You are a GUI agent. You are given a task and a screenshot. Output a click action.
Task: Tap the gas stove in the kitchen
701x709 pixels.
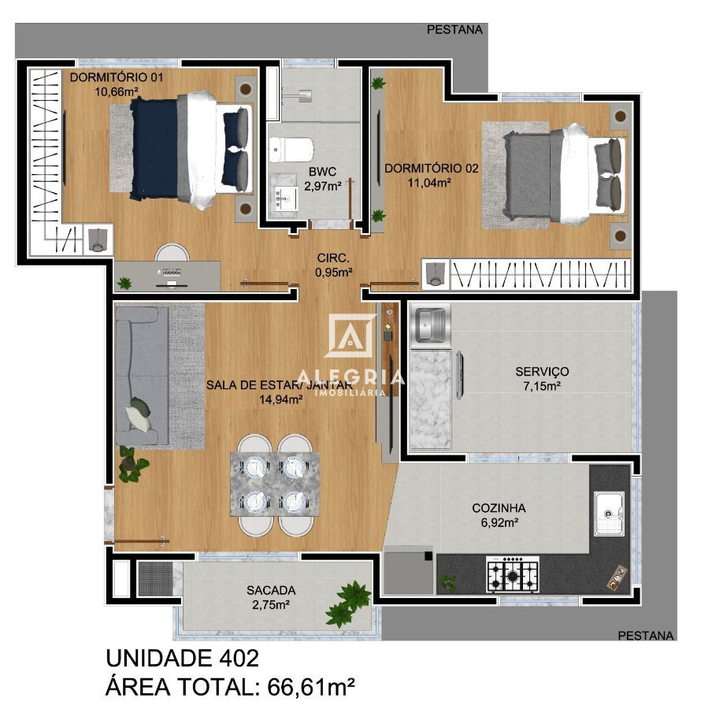click(x=514, y=574)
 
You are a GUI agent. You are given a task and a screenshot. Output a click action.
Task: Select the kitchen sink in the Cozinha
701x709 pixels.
click(x=609, y=513)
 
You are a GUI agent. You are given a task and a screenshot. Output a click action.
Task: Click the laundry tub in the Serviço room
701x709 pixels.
click(x=429, y=326)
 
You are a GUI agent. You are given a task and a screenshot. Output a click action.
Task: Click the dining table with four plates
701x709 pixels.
click(x=274, y=484)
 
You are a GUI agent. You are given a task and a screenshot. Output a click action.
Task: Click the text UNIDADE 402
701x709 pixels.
click(x=182, y=658)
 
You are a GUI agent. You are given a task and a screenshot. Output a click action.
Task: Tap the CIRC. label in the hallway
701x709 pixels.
click(x=333, y=258)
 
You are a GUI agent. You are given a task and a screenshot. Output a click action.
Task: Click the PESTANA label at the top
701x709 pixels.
click(x=454, y=29)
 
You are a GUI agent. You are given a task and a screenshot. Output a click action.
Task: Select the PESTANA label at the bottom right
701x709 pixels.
click(x=646, y=635)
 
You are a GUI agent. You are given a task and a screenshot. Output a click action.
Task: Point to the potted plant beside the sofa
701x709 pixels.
click(x=132, y=464)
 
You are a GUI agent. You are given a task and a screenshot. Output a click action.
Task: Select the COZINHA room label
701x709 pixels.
click(x=499, y=508)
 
